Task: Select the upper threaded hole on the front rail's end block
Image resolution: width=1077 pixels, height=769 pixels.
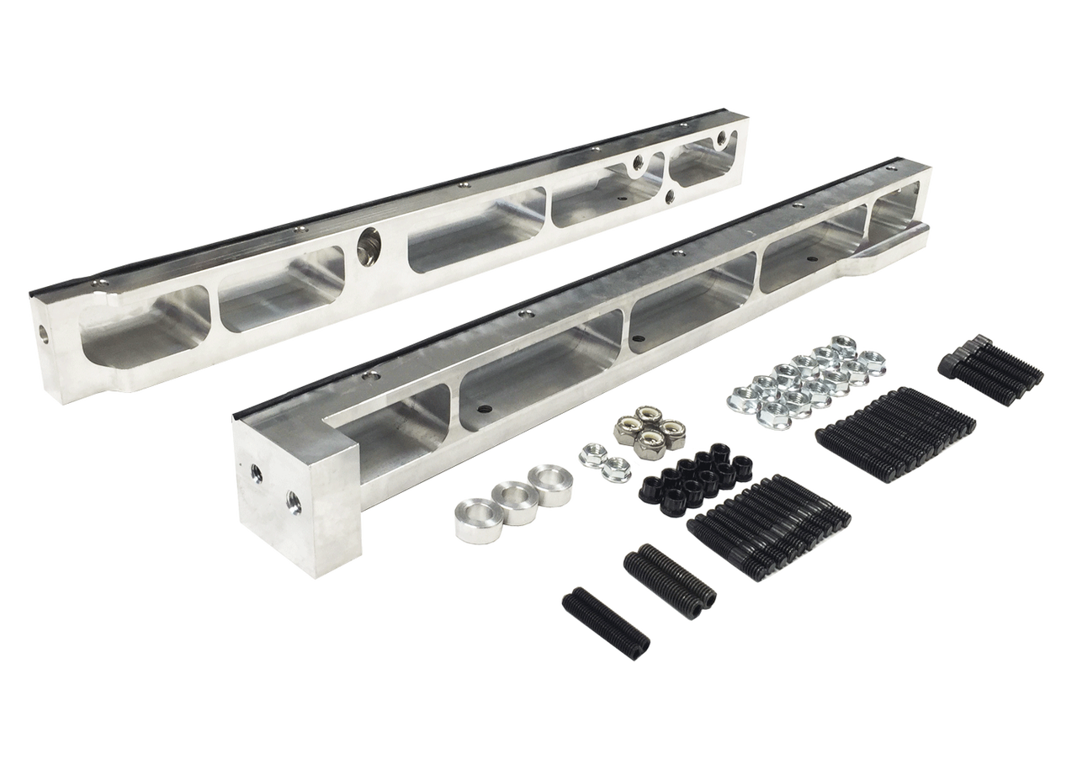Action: point(256,474)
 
